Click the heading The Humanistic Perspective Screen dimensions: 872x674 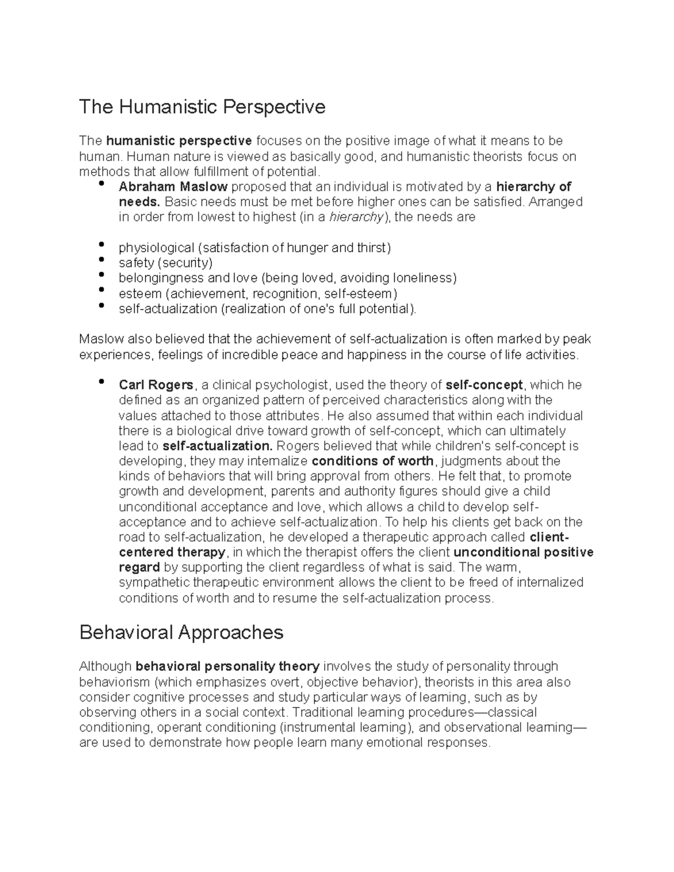(x=202, y=107)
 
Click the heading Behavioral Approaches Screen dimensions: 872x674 (x=181, y=633)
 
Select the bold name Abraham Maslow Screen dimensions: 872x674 (x=173, y=187)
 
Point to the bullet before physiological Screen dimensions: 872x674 (x=101, y=245)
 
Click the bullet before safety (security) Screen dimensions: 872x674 (x=101, y=260)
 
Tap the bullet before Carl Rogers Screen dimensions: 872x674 (x=101, y=382)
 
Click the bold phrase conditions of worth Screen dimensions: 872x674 (x=372, y=462)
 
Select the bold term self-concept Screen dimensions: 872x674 (x=484, y=385)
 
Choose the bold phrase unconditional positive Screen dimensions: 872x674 (x=523, y=553)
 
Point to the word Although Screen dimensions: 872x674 (x=106, y=667)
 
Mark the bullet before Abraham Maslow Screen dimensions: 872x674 (x=101, y=184)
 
